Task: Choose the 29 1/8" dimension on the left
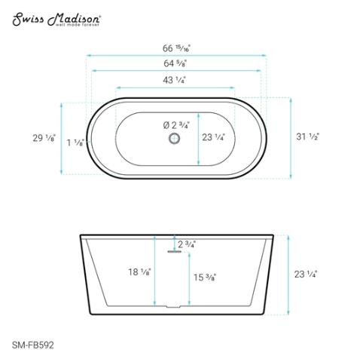tap(34, 137)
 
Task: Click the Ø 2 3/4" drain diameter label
tap(178, 124)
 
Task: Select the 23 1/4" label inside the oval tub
tap(214, 137)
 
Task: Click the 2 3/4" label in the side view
tap(186, 244)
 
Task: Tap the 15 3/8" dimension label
tap(205, 277)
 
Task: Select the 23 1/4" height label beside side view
tap(304, 275)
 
